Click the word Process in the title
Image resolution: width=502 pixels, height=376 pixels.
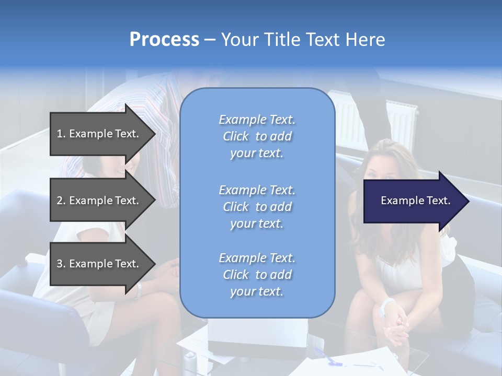click(164, 40)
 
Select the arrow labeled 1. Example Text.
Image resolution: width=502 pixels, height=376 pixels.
click(99, 134)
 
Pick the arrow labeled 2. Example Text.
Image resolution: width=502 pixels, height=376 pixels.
click(99, 201)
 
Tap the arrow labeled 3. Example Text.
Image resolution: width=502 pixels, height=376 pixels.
click(99, 264)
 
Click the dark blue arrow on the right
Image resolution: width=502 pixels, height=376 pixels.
click(413, 201)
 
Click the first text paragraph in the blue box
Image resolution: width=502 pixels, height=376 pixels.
click(257, 136)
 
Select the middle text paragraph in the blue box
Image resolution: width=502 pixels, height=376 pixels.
click(257, 206)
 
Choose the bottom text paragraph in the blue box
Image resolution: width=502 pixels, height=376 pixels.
click(257, 275)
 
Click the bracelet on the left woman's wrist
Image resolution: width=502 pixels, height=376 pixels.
click(138, 290)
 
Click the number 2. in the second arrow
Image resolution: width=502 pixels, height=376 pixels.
click(61, 201)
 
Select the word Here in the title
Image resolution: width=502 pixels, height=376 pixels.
click(366, 40)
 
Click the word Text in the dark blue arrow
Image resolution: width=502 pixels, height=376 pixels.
click(439, 201)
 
